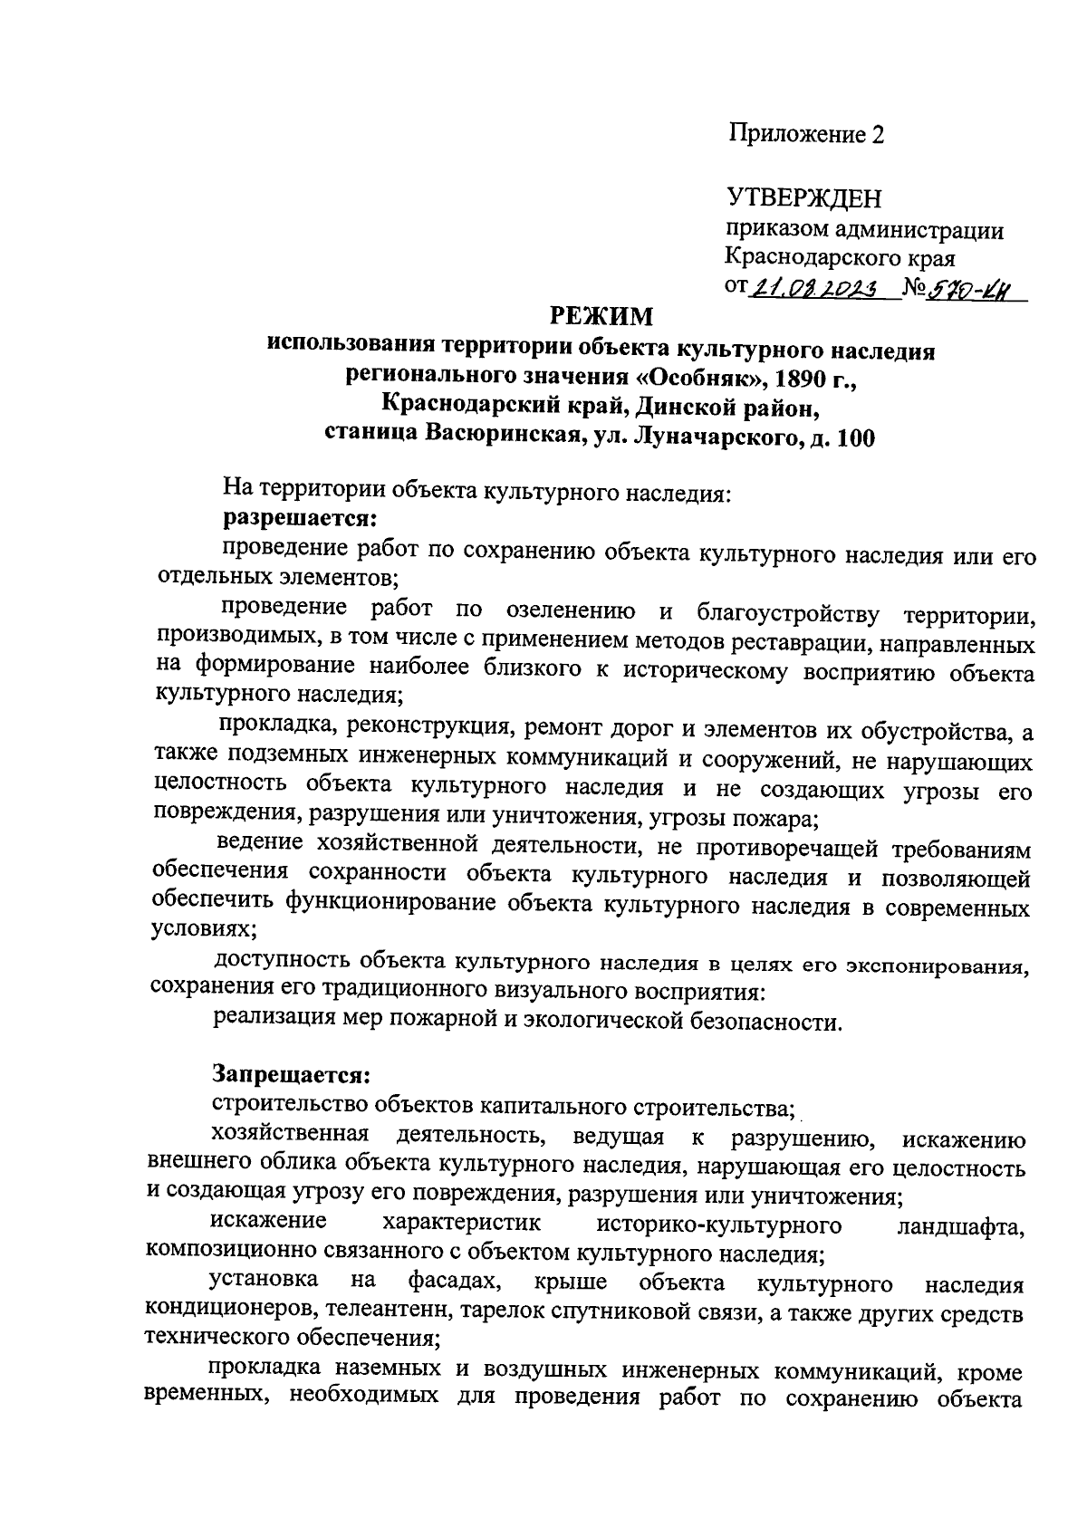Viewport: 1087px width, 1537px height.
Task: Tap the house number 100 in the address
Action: [856, 438]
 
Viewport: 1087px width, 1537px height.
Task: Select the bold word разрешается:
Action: [300, 519]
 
